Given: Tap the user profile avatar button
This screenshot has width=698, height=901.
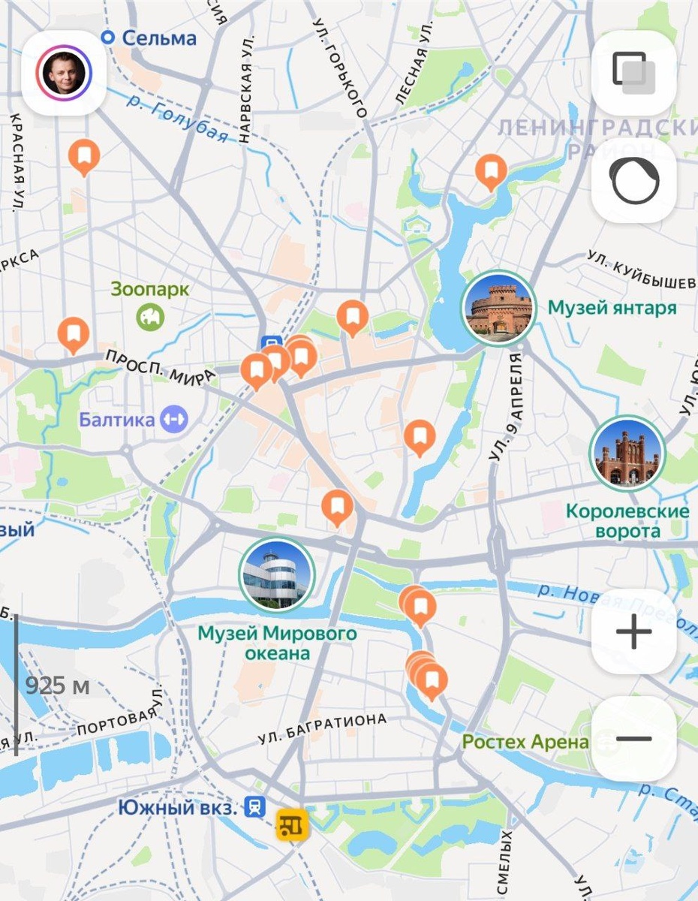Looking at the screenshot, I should [64, 73].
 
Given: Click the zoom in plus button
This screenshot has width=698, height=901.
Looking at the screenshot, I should [633, 631].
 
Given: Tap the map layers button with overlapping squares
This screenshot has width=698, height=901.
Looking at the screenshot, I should [633, 73].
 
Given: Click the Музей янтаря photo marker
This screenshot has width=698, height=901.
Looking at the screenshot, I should [498, 307].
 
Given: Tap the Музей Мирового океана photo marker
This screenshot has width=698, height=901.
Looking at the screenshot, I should [276, 574].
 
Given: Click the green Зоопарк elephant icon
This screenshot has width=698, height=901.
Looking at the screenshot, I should [150, 316].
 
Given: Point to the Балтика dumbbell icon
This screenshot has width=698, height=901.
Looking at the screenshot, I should [174, 418].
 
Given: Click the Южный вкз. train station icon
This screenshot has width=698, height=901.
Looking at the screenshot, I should [256, 807].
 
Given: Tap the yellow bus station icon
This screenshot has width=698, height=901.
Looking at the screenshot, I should [292, 824].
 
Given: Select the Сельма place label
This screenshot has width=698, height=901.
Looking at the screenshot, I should [158, 38].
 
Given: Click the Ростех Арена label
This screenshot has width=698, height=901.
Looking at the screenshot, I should [525, 742].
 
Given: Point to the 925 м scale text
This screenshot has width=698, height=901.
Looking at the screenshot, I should [57, 685].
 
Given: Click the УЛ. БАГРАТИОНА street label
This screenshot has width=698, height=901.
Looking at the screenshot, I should [322, 728].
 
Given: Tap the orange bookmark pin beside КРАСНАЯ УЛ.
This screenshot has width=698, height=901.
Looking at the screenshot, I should [84, 155].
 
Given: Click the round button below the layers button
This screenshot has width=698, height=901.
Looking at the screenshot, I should [633, 181].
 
